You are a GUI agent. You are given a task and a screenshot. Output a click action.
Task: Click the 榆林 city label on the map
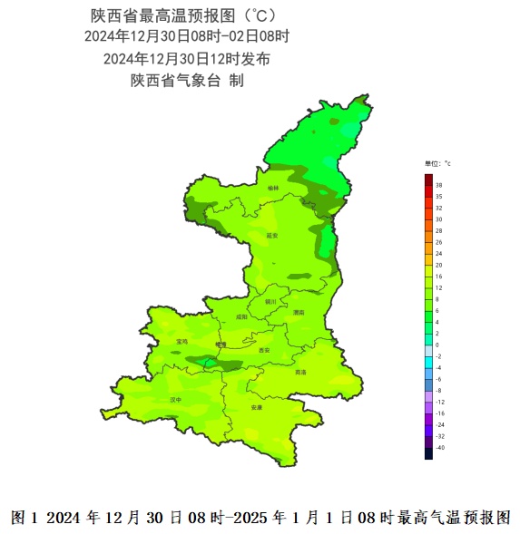(273, 189)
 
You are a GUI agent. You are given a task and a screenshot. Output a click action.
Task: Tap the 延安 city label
(271, 235)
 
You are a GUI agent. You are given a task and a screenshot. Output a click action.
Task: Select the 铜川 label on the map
(270, 301)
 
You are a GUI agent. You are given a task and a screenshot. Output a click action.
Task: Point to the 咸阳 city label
(240, 317)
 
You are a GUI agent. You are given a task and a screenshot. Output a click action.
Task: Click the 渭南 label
(299, 312)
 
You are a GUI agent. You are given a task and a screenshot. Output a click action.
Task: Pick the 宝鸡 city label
(182, 342)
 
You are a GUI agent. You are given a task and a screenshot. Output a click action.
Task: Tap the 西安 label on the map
(264, 350)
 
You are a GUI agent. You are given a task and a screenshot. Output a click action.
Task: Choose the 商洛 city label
(300, 373)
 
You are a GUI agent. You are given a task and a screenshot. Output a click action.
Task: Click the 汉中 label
(176, 399)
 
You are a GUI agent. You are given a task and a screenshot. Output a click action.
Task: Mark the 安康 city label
(257, 407)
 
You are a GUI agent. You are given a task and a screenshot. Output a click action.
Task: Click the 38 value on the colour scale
(439, 185)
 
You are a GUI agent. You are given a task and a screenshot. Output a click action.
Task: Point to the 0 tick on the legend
(437, 345)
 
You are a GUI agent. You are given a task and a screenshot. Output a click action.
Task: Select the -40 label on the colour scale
(440, 448)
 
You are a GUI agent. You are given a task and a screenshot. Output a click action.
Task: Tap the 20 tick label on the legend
(439, 265)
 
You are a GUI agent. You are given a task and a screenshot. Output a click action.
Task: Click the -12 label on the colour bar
(440, 402)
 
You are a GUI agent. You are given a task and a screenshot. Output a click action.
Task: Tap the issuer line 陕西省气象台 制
(187, 80)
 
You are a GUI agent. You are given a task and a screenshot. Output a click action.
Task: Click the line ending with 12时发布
(186, 58)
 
